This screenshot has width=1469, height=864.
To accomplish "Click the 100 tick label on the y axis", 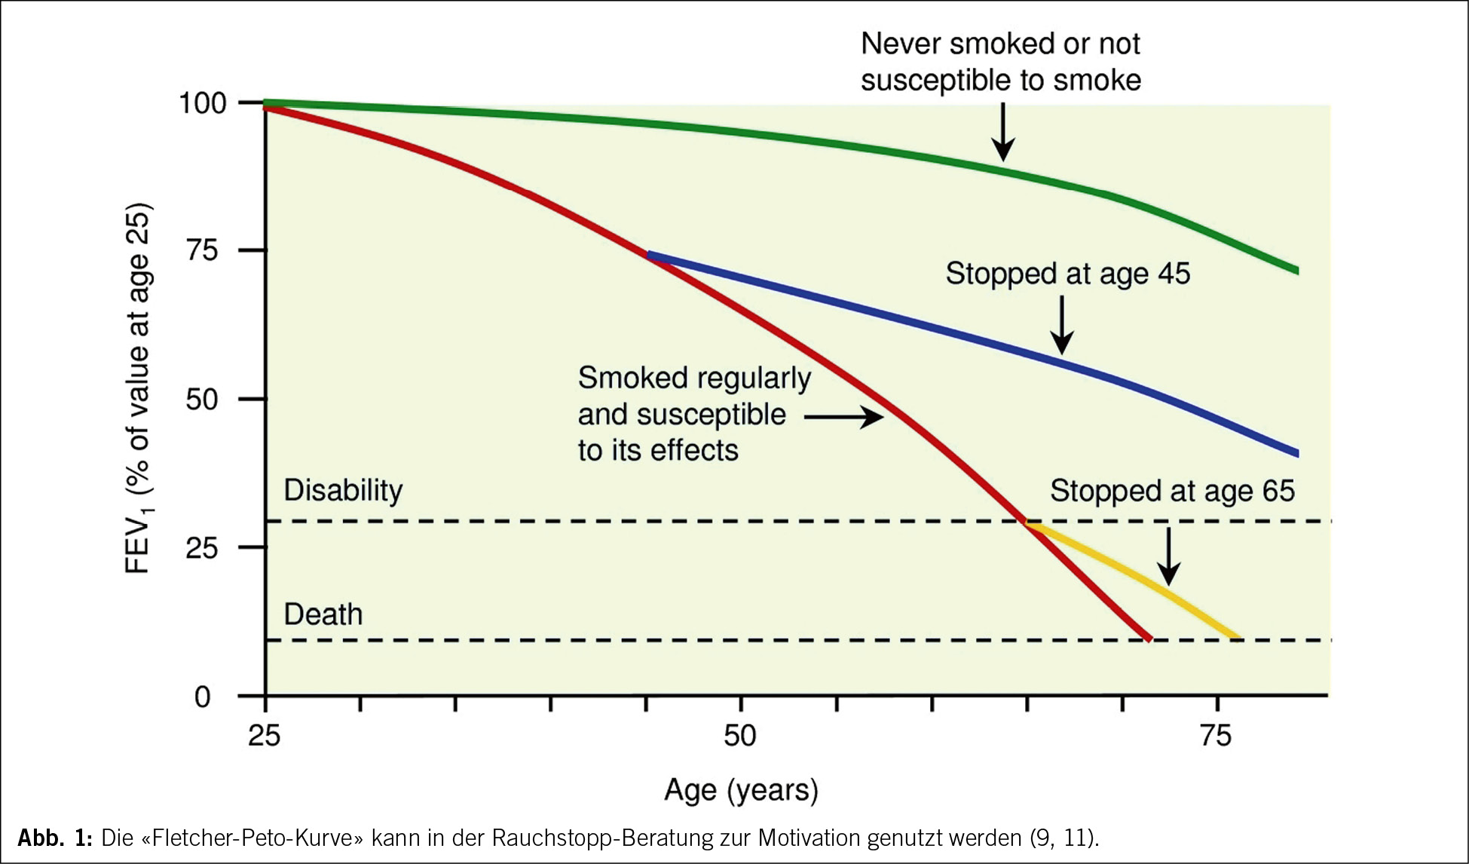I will pos(202,103).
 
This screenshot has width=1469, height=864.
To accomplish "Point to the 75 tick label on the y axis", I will pos(202,250).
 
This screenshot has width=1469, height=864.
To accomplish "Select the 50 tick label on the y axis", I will pos(202,399).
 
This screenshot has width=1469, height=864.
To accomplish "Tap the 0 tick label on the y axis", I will pos(202,697).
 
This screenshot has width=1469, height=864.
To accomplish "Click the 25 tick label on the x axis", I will pos(265,735).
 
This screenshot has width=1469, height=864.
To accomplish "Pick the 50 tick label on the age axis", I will pos(740,735).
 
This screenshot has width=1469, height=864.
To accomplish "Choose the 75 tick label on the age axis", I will pos(1216,735).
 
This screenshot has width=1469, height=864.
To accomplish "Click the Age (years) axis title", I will pos(741,790).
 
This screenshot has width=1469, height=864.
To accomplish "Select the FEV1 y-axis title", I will pos(139,388).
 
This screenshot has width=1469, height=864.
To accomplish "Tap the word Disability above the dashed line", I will pos(343,490).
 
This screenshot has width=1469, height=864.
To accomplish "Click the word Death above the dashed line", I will pos(323,614).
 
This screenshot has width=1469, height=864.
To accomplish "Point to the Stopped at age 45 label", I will pos(1067,274).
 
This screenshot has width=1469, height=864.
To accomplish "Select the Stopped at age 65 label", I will pos(1172,491).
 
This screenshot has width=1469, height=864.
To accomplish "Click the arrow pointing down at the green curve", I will pos(1002,132).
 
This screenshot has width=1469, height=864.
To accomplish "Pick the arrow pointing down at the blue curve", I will pos(1062,325).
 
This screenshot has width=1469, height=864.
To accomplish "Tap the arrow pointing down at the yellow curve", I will pos(1168,556).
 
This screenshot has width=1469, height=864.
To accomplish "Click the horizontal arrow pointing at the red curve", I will pos(844,416).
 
